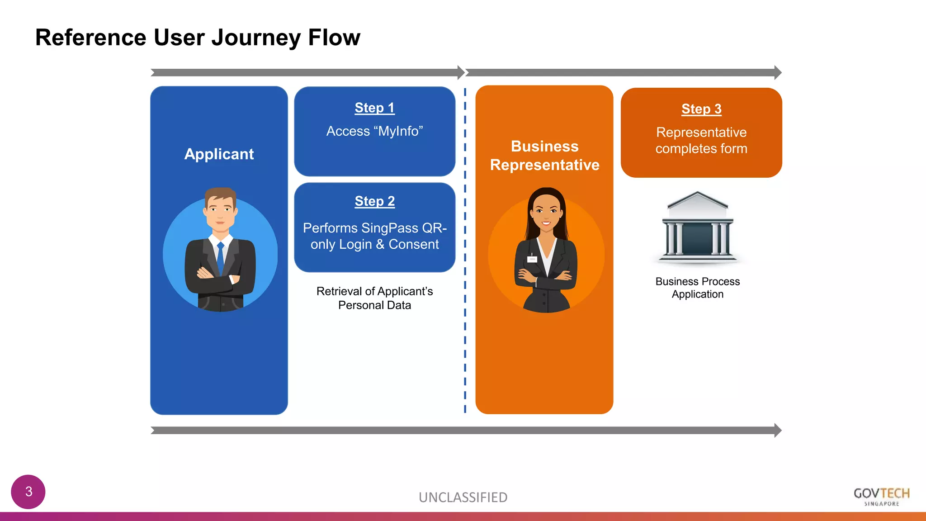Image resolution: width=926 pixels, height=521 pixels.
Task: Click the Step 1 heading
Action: (x=374, y=108)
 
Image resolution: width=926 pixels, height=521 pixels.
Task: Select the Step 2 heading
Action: (x=374, y=201)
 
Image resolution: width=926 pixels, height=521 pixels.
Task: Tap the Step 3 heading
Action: (x=701, y=109)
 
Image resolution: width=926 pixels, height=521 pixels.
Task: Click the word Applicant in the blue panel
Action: (x=219, y=154)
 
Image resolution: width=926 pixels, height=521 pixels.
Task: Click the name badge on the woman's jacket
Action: (x=532, y=259)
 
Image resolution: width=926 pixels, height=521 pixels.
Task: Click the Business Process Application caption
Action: (x=697, y=288)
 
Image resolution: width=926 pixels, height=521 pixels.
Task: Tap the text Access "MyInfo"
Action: (x=374, y=131)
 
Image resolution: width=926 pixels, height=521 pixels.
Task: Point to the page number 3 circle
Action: (x=28, y=492)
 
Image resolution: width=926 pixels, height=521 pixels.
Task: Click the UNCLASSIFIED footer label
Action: (x=463, y=497)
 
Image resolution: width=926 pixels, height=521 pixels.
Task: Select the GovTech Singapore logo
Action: (x=881, y=497)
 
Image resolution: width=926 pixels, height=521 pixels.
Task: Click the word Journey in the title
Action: (x=256, y=38)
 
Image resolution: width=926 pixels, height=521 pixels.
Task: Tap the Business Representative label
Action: (x=544, y=156)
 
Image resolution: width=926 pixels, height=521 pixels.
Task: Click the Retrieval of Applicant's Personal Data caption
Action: (x=374, y=298)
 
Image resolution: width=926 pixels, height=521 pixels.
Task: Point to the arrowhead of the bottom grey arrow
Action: (x=777, y=430)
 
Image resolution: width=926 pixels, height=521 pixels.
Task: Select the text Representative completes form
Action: (x=701, y=140)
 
